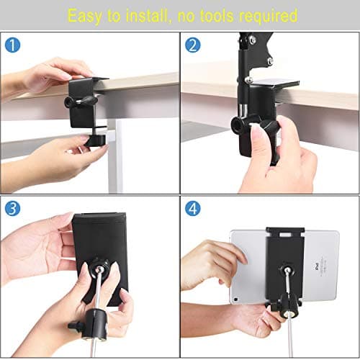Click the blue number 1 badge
(12, 45)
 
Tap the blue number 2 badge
(193, 45)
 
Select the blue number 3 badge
(12, 208)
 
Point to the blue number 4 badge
(193, 208)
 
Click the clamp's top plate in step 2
(274, 83)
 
